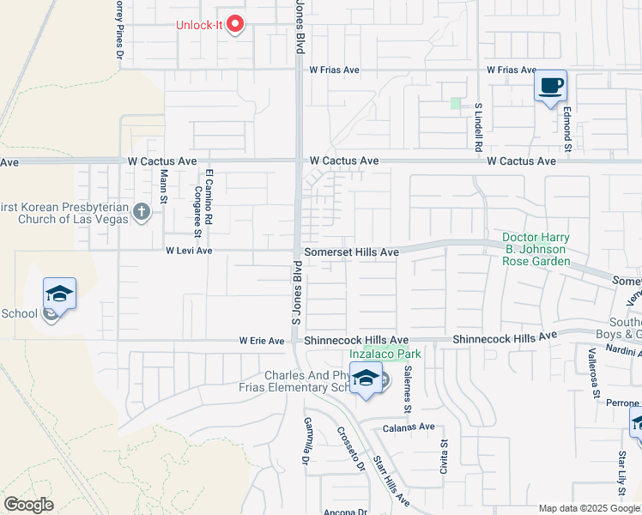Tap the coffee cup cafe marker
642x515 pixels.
(x=551, y=87)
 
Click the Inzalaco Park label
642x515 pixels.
(x=385, y=354)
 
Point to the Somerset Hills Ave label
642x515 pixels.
(x=352, y=252)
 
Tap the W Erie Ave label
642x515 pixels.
(x=261, y=341)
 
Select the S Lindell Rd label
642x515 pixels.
(x=478, y=128)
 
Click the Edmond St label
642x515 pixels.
(x=567, y=129)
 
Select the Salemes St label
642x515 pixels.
(x=409, y=379)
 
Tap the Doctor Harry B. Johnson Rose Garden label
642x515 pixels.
(x=536, y=249)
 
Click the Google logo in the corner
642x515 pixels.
(x=28, y=505)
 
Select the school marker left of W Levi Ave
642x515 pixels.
(x=60, y=294)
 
